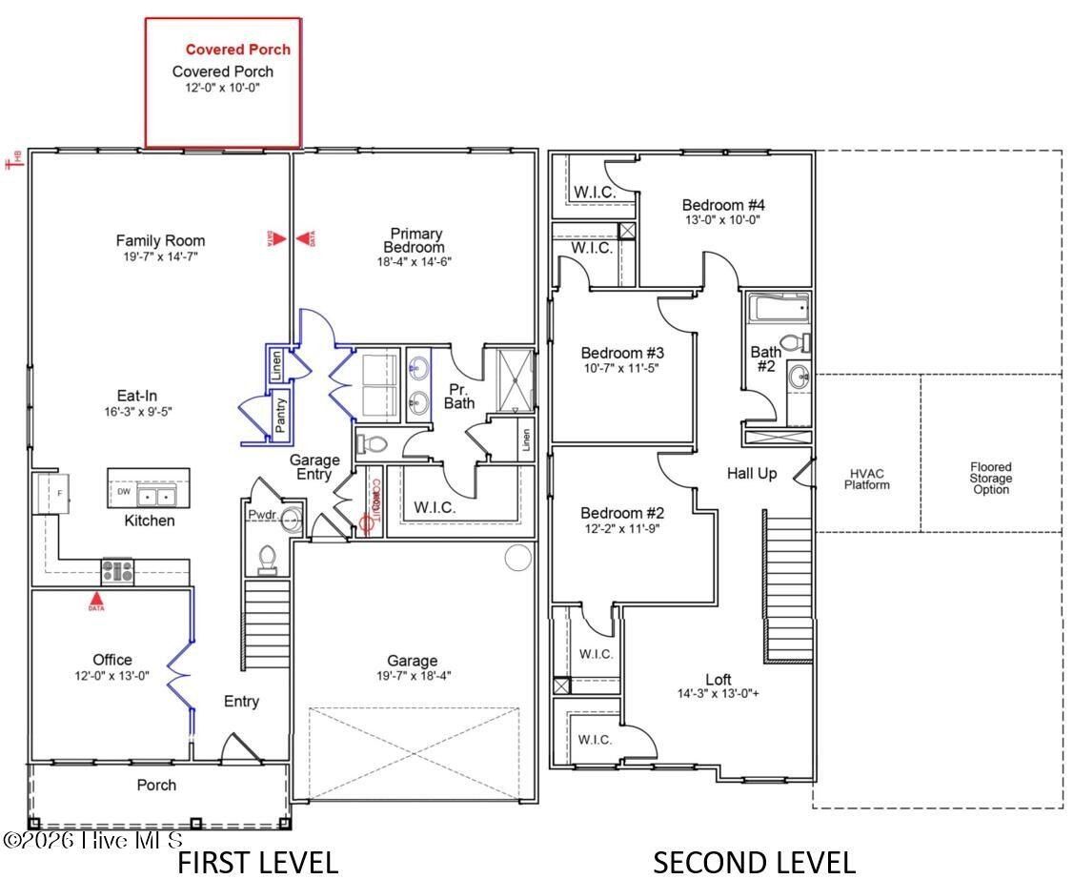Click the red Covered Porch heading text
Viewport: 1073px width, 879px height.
click(237, 50)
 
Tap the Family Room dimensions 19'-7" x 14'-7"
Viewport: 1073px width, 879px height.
click(160, 256)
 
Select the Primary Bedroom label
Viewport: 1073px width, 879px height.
click(416, 240)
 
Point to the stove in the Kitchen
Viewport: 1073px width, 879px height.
click(118, 571)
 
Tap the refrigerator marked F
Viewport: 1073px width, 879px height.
click(46, 494)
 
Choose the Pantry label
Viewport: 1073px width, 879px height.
click(281, 417)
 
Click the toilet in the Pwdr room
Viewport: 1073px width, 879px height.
click(268, 557)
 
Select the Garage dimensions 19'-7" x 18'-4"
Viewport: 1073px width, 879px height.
click(413, 676)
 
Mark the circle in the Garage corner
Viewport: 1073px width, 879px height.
click(517, 558)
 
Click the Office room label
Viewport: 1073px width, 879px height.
click(112, 660)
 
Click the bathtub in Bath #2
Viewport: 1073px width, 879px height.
click(779, 308)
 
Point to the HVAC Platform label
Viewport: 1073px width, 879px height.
click(867, 479)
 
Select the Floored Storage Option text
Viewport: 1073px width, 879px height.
click(991, 479)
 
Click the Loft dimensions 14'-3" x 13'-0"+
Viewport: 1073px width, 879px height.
click(719, 693)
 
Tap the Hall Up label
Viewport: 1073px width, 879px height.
click(752, 473)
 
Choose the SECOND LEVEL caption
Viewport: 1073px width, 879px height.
click(753, 862)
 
